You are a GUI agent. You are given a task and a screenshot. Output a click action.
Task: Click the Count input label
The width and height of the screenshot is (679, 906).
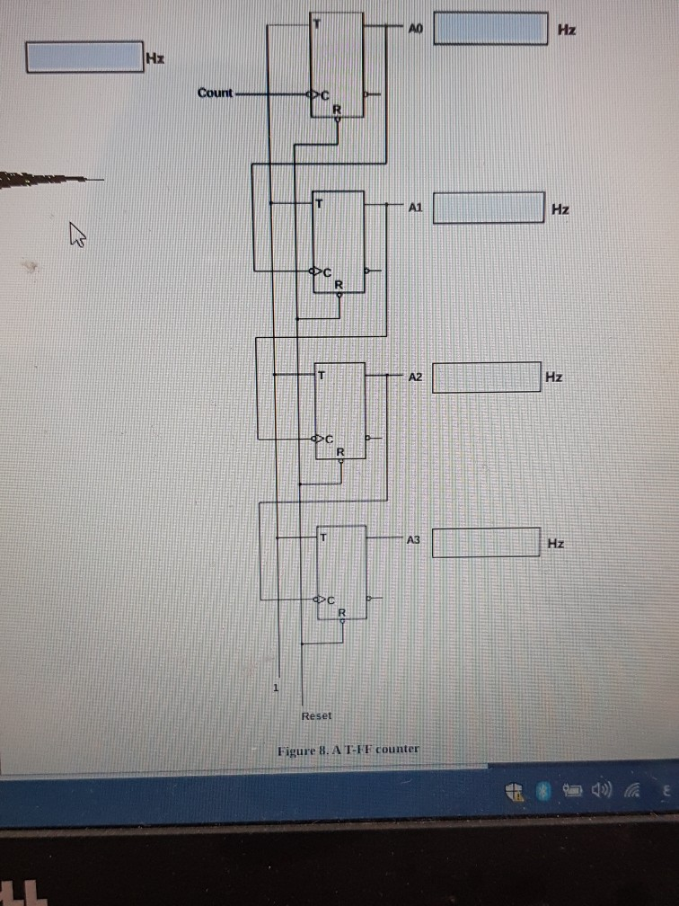coord(215,93)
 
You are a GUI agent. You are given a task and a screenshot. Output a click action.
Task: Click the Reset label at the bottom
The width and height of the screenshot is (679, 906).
coord(316,715)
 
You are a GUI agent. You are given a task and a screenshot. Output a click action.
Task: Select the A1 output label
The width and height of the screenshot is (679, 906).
coord(414,208)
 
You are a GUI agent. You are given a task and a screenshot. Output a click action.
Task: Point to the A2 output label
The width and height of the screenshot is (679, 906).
coord(414,377)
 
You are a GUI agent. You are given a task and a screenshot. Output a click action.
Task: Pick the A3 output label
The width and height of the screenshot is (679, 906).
coord(413,540)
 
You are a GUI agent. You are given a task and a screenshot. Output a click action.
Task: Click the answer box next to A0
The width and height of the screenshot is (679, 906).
coord(491,29)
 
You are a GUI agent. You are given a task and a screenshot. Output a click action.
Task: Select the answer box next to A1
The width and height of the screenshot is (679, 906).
coord(489,208)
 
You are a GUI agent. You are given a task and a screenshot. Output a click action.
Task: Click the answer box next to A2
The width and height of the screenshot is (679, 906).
coord(487,377)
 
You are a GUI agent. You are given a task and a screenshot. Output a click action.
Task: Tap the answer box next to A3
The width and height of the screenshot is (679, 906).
coord(486,543)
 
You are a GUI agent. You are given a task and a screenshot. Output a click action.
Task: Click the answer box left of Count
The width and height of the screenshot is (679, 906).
coord(84,57)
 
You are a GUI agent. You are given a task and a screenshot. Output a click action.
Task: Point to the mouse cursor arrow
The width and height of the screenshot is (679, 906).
coord(78,236)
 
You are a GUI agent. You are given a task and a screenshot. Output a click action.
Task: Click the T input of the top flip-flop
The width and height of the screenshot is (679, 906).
coord(316,22)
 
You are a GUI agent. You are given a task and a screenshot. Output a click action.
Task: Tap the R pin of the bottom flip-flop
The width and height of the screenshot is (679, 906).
coord(341,613)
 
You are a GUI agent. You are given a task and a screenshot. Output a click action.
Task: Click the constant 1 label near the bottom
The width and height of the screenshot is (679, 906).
coord(277,688)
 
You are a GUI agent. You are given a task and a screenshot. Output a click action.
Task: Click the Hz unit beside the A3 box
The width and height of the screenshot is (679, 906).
coord(556,544)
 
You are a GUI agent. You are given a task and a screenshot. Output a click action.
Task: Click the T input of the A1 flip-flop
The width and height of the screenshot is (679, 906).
coord(318,203)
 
